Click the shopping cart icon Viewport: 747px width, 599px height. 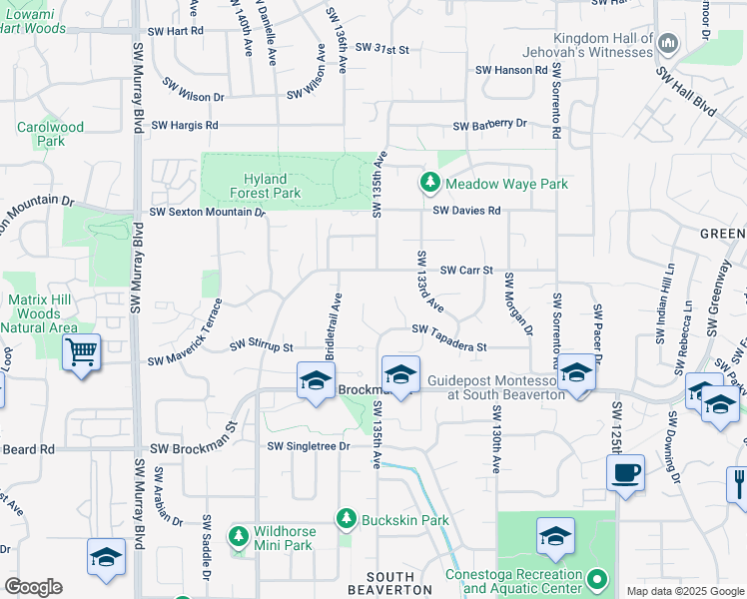[81, 351]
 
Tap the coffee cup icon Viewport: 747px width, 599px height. [626, 472]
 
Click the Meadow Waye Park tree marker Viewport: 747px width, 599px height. [429, 184]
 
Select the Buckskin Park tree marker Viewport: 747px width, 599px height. [346, 519]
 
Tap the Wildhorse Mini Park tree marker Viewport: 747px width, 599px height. [239, 537]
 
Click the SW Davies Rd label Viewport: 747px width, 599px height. [466, 211]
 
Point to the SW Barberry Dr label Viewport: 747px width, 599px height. [489, 125]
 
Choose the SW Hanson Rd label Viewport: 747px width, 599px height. [512, 70]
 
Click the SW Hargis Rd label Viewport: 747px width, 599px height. [185, 125]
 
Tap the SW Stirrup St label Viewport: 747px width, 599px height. [262, 345]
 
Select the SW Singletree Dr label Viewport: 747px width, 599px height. [309, 446]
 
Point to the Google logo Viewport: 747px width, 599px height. [33, 587]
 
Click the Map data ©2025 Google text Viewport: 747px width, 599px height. [684, 591]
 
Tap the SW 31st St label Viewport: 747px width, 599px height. [382, 48]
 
